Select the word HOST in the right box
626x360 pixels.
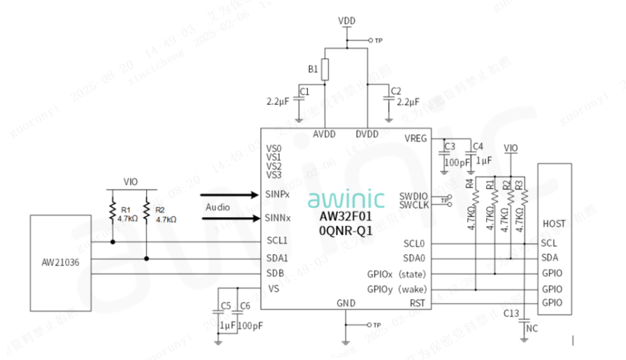[554, 224]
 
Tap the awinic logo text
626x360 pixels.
[346, 199]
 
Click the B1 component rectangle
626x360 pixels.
[324, 70]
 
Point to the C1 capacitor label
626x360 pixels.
[305, 92]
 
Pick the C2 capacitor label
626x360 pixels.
[396, 91]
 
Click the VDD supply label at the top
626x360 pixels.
[347, 21]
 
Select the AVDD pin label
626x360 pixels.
[324, 134]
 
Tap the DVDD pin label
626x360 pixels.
[367, 134]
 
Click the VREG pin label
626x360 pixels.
[415, 139]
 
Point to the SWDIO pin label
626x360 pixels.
[413, 196]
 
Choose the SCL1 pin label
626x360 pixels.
[277, 241]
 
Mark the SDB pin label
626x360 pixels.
[275, 273]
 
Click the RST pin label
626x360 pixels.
[418, 304]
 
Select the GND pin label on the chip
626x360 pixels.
[346, 303]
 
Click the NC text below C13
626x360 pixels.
[532, 327]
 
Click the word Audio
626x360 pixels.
[218, 207]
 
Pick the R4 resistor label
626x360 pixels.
[469, 184]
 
